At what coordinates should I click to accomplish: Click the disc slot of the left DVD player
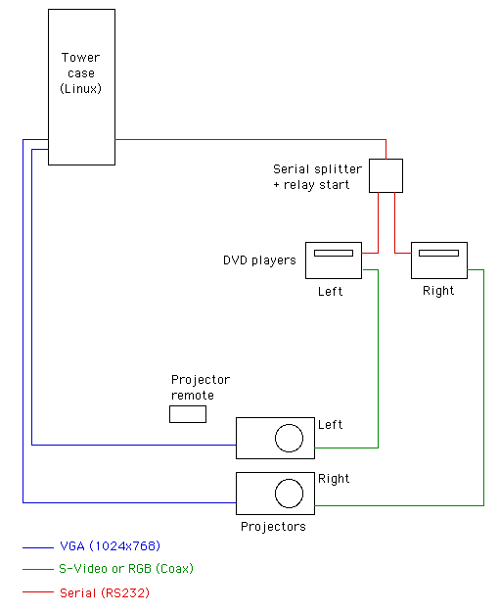point(334,253)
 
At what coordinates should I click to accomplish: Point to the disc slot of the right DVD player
point(438,253)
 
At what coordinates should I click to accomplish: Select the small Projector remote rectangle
point(188,414)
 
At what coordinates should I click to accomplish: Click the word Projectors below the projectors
point(273,527)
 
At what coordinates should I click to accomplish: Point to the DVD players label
point(259,259)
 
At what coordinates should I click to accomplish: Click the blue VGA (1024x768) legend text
point(111,545)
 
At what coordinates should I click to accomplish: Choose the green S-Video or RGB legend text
point(126,568)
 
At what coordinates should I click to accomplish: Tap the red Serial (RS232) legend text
point(105,592)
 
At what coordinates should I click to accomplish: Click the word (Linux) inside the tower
point(80,88)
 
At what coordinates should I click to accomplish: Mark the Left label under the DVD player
point(330,291)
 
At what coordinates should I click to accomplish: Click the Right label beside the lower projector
point(334,479)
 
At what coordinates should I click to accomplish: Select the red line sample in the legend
point(38,592)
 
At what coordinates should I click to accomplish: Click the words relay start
point(316,185)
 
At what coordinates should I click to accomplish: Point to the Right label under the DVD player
point(438,291)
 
